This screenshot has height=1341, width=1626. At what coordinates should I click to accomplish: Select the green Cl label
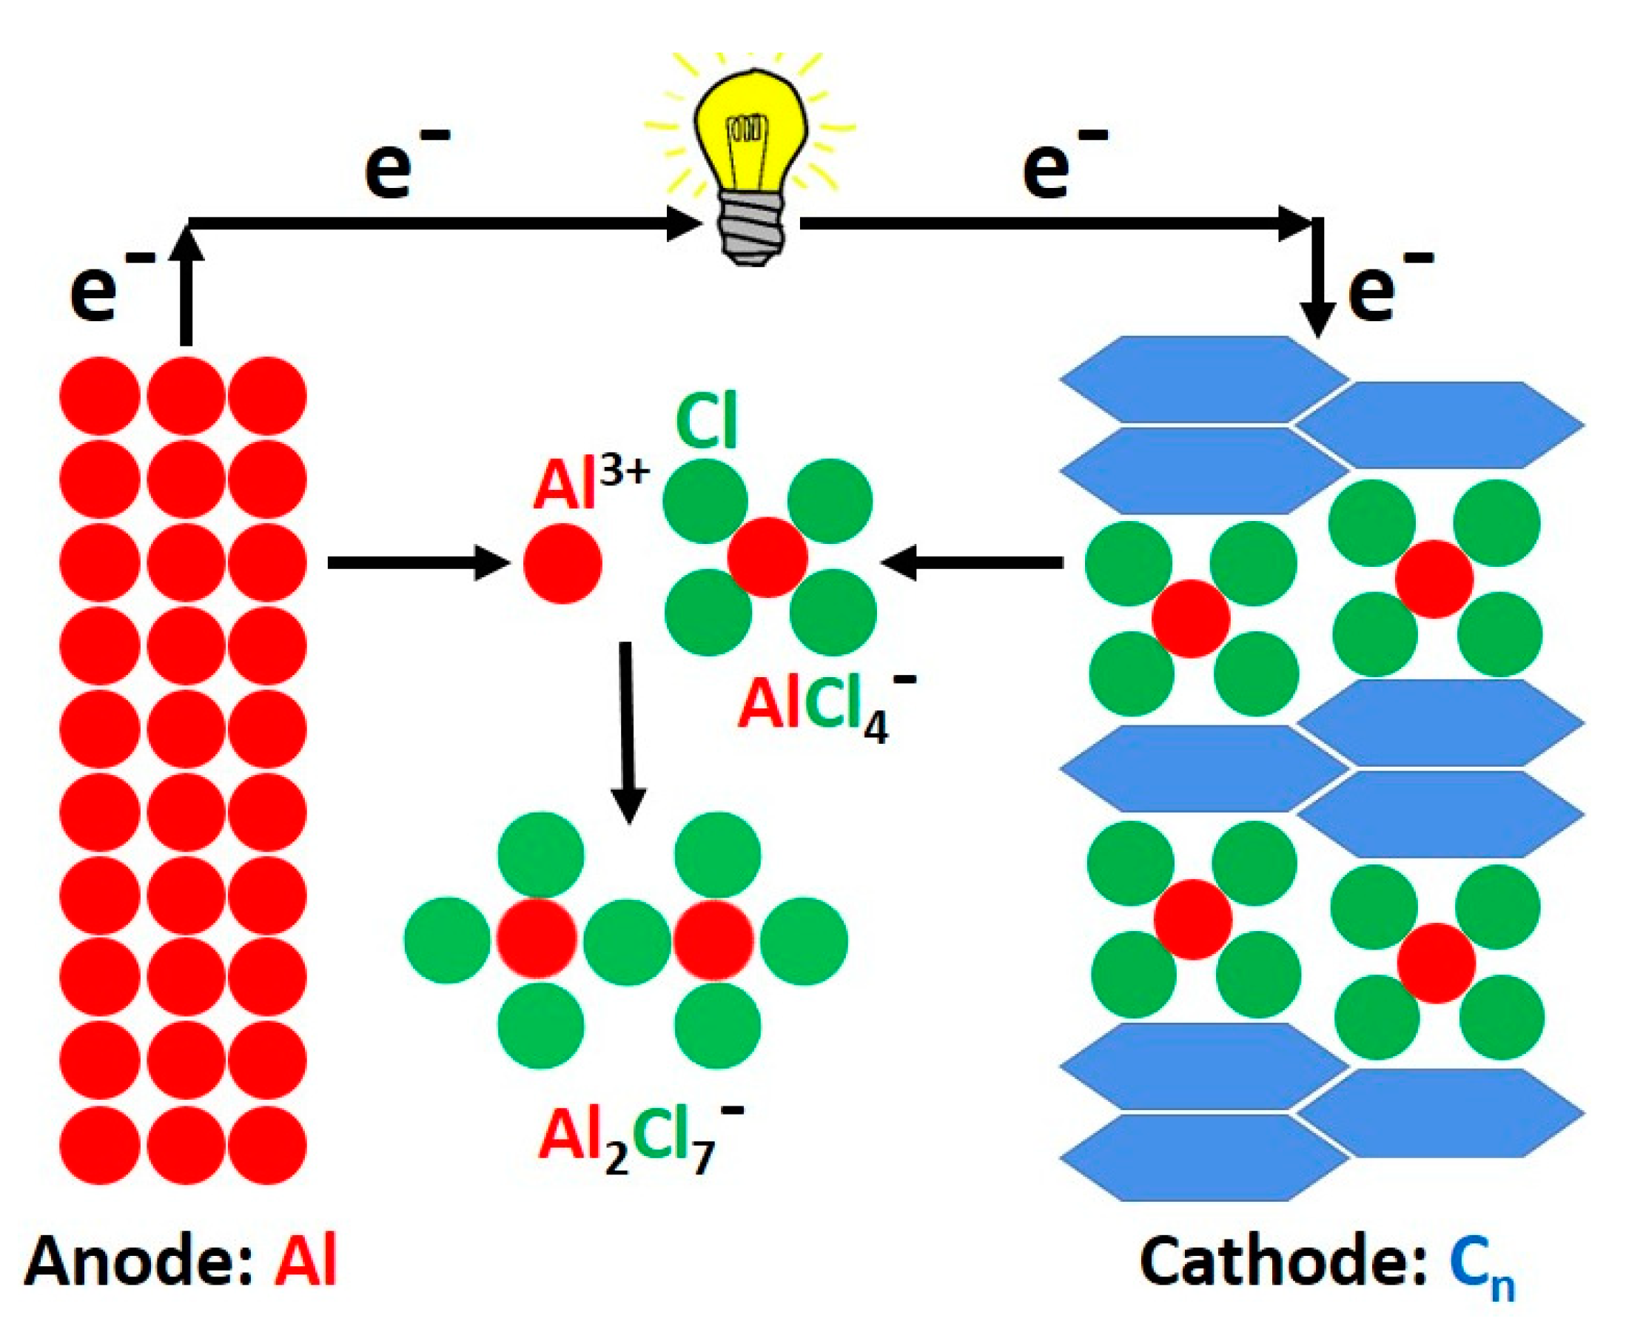(x=706, y=422)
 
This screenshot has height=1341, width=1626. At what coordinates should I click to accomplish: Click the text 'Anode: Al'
(x=181, y=1263)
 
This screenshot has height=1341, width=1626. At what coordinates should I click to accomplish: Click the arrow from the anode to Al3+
(x=417, y=562)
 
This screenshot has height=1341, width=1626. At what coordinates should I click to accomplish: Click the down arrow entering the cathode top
(x=1318, y=278)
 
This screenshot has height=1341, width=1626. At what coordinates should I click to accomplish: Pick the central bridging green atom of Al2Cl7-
(x=626, y=940)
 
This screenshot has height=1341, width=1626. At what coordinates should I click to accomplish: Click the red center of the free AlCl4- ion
(x=767, y=557)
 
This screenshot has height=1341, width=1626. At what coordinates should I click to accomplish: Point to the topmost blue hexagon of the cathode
(x=1203, y=378)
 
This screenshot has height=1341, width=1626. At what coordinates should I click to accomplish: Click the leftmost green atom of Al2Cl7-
(x=447, y=940)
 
